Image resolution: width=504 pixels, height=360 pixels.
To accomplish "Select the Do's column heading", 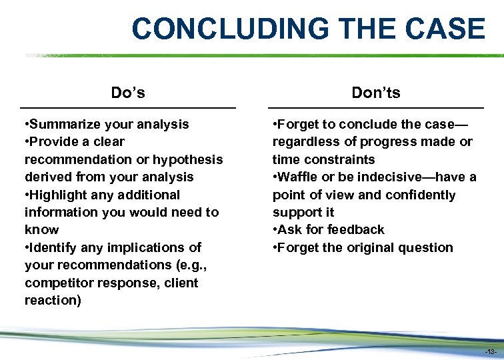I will [128, 93].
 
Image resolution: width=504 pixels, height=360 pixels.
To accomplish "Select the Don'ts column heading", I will [376, 93].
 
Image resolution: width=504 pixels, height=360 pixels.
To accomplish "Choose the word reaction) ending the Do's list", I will [53, 300].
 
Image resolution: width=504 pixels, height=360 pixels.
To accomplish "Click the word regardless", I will [306, 141].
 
